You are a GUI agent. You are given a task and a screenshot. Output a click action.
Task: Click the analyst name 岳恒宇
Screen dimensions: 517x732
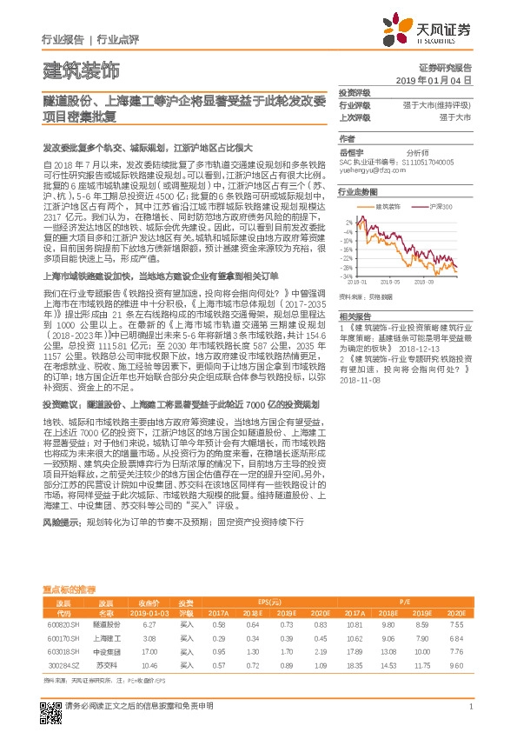[x=349, y=151]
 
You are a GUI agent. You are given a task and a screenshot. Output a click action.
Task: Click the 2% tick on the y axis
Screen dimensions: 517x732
[x=348, y=221]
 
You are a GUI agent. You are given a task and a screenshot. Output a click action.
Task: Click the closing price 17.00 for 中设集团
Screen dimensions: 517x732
[x=149, y=650]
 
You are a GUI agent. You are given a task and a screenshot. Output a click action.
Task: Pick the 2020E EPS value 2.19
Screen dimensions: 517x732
[x=320, y=650]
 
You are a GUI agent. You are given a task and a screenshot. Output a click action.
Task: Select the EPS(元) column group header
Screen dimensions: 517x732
[x=269, y=602]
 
